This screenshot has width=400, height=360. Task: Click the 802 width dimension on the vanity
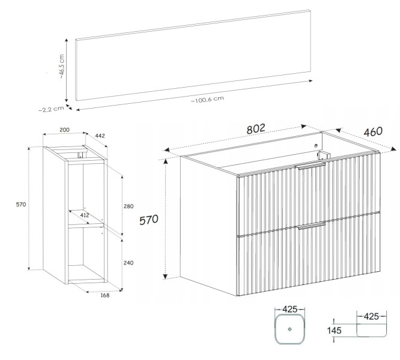coord(256,128)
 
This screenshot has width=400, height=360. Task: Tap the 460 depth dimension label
coord(373,132)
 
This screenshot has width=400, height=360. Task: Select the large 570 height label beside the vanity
coord(149,220)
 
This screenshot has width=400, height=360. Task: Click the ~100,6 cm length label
coord(207,100)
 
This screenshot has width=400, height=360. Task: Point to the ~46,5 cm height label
coord(61,66)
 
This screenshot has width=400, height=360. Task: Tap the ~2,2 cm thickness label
coord(51,109)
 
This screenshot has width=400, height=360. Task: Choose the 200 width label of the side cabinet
coord(64,130)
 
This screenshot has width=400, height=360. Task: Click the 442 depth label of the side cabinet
coord(100,136)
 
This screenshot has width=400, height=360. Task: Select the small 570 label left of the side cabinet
coord(21,205)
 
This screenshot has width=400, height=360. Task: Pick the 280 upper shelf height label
coord(129,206)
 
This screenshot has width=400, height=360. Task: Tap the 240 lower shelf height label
coord(129,263)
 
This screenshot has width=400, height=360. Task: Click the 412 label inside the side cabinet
coord(85,215)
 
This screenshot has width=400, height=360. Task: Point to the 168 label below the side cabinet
coord(105,295)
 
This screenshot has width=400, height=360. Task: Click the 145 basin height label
coord(334,331)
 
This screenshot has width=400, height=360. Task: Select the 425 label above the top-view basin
coord(290,309)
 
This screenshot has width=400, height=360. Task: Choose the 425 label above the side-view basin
coord(371,316)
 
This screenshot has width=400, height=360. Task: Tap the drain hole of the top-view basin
coord(290,329)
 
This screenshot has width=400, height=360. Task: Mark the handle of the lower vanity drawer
coord(311,225)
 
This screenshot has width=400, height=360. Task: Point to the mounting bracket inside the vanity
coord(323,155)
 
